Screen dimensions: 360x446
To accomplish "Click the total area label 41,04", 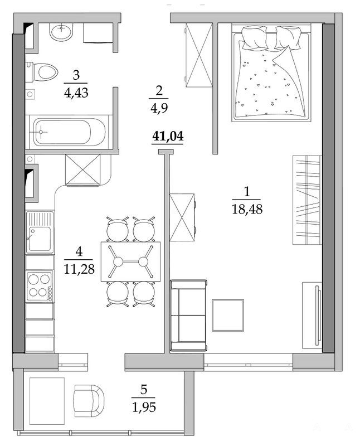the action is pyautogui.click(x=168, y=136).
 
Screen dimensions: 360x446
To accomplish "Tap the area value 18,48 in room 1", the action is pyautogui.click(x=247, y=210).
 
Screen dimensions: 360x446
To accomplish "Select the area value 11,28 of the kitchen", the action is pyautogui.click(x=79, y=269).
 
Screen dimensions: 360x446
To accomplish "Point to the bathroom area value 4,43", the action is pyautogui.click(x=76, y=93).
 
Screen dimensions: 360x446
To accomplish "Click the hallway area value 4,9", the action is pyautogui.click(x=159, y=108).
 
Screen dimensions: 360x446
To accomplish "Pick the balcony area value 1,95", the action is pyautogui.click(x=144, y=407).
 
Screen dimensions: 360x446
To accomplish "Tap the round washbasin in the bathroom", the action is pyautogui.click(x=61, y=32).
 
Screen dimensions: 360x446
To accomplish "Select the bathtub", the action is pyautogui.click(x=69, y=132).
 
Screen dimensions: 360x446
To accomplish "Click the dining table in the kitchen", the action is pyautogui.click(x=130, y=261).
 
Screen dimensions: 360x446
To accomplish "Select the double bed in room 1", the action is pyautogui.click(x=271, y=73).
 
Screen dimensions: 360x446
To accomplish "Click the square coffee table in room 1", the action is pyautogui.click(x=228, y=315).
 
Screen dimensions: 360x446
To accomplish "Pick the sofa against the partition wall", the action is pyautogui.click(x=188, y=315).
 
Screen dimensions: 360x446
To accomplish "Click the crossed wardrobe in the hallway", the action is pyautogui.click(x=199, y=55).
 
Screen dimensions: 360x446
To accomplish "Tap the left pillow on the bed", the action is pyautogui.click(x=255, y=37).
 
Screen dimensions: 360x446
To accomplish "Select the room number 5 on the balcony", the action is pyautogui.click(x=144, y=389).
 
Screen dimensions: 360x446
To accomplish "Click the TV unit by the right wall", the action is pyautogui.click(x=312, y=315).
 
